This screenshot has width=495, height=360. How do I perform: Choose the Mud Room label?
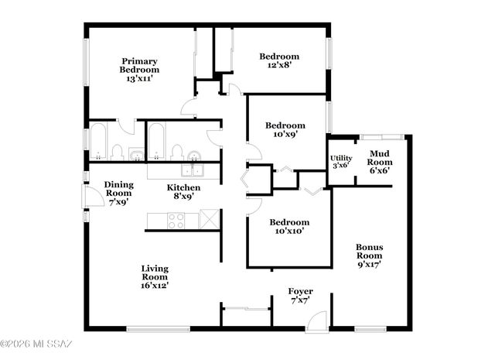tap(378, 162)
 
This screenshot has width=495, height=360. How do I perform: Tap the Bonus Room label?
tap(370, 255)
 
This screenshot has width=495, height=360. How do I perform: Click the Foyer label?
tap(300, 296)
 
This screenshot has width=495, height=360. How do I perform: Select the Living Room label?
tap(155, 277)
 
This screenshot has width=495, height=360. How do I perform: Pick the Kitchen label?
tap(184, 192)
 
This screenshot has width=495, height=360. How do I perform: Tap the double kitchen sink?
tap(193, 170)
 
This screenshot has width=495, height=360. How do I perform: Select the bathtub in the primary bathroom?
tap(98, 141)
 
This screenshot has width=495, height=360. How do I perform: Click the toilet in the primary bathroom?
tap(117, 151)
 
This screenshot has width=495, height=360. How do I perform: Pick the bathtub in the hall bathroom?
tap(155, 141)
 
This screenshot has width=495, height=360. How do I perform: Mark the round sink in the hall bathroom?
tap(193, 152)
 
